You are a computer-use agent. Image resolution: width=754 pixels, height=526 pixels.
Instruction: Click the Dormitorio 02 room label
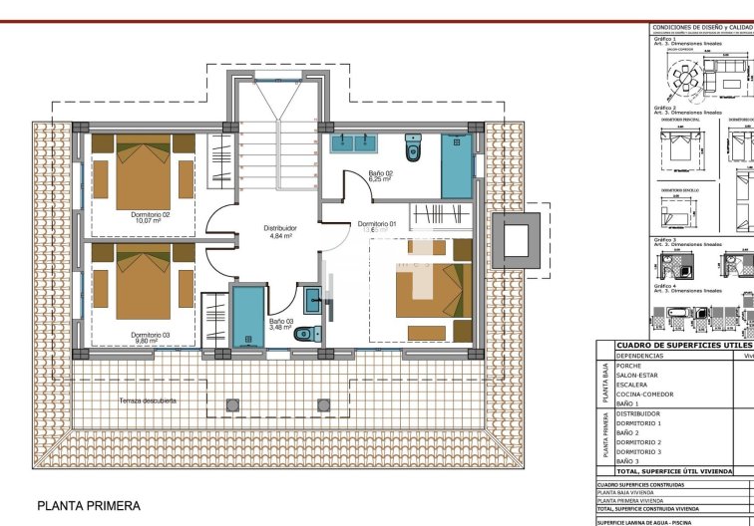click(x=151, y=214)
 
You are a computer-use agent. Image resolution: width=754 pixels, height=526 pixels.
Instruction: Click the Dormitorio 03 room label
click(x=151, y=335)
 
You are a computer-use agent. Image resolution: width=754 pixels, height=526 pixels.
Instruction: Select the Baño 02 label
click(x=380, y=174)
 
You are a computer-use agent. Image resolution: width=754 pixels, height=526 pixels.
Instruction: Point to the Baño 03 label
click(x=280, y=322)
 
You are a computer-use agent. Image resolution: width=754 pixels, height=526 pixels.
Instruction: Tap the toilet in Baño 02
click(x=413, y=150)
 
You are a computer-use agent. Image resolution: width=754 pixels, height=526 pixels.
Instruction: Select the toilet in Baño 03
click(x=312, y=334)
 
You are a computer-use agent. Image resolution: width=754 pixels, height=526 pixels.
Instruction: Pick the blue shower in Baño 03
click(x=245, y=317)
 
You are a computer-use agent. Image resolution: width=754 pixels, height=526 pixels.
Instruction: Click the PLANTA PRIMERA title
click(x=89, y=506)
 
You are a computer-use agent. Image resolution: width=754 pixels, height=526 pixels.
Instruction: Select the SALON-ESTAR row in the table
click(x=638, y=375)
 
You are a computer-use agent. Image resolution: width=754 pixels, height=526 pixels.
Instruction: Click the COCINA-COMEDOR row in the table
click(x=644, y=394)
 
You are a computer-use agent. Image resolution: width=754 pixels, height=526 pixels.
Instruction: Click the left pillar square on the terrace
click(x=233, y=404)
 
